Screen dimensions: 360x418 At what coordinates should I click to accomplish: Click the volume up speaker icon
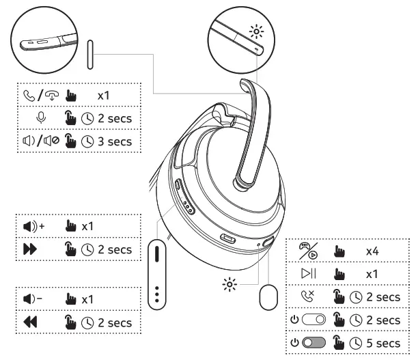[31, 225]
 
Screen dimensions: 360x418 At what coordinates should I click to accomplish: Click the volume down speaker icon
[31, 299]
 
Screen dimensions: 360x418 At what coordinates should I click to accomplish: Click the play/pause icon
[309, 275]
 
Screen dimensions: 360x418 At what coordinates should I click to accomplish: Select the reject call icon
[309, 297]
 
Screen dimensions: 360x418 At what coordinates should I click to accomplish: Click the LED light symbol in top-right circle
[257, 32]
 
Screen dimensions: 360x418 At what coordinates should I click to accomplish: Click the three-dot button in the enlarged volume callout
[158, 291]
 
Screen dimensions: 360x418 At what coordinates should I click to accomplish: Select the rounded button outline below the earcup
[268, 298]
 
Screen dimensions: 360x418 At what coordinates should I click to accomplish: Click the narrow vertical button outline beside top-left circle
[89, 55]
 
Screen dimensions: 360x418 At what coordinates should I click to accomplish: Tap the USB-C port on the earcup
[228, 240]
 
